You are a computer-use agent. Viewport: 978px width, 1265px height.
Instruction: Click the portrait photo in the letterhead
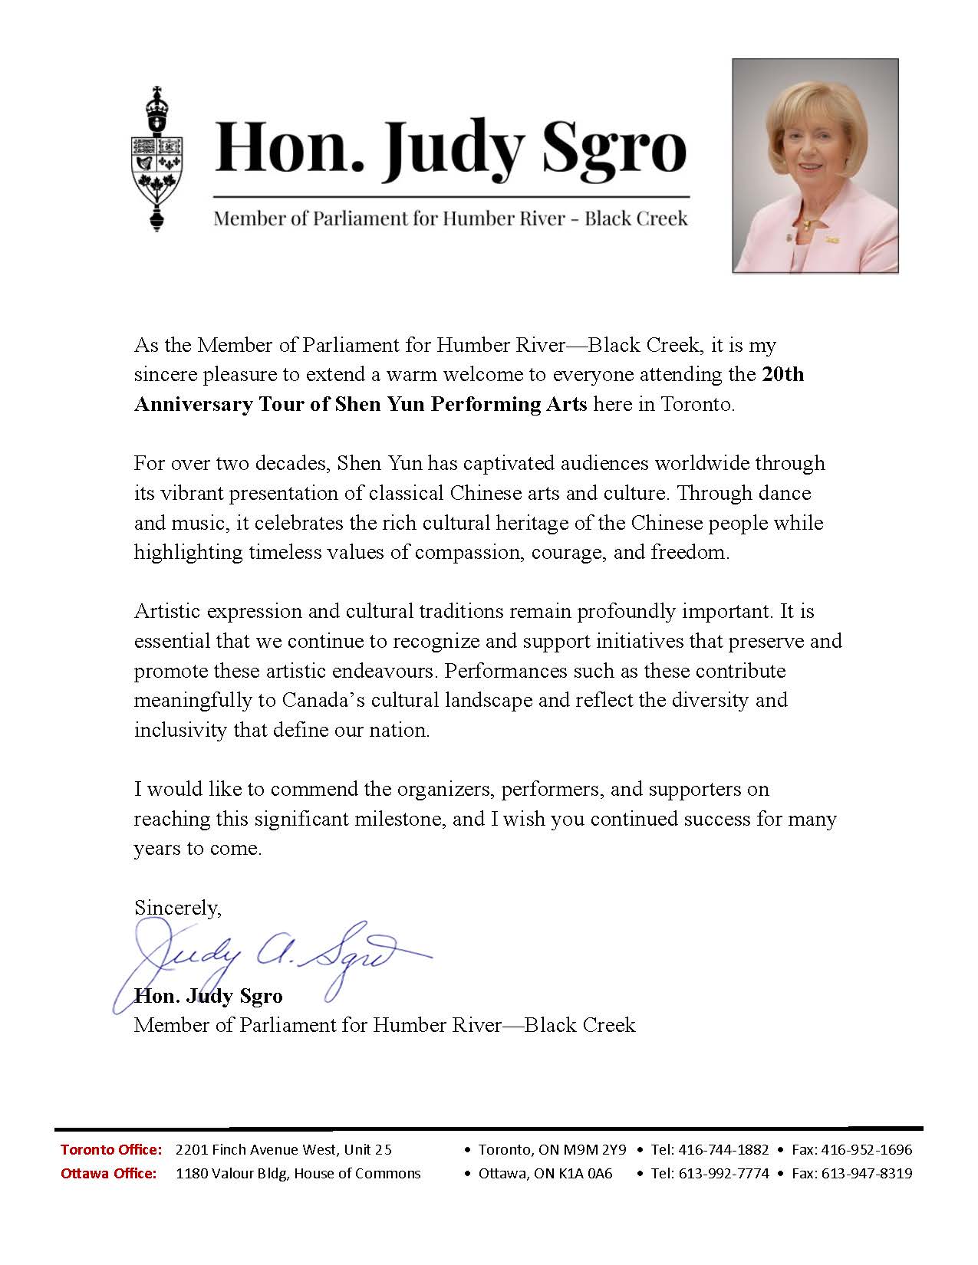815,166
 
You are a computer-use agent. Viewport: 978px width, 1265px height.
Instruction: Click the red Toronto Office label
111,1150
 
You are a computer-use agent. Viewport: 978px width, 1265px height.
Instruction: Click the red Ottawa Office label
109,1174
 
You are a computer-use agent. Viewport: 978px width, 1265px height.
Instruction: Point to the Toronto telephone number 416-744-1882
723,1150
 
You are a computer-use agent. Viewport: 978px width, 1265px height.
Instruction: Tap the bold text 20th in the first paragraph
782,375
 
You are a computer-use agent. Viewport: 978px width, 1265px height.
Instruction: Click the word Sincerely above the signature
177,908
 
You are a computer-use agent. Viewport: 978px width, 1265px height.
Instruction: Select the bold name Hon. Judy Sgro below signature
209,996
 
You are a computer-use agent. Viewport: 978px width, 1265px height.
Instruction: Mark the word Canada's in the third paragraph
323,701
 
